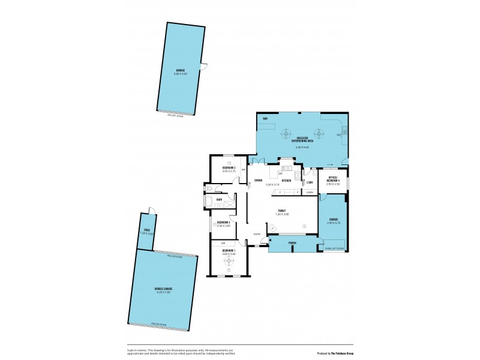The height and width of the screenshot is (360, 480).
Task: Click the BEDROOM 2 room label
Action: pyautogui.click(x=229, y=167)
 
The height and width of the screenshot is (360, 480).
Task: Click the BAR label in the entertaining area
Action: pyautogui.click(x=265, y=119)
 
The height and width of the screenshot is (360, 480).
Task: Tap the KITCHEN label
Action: pyautogui.click(x=287, y=181)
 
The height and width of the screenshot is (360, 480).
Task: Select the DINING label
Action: pyautogui.click(x=258, y=181)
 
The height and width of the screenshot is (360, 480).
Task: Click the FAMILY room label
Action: pyautogui.click(x=281, y=210)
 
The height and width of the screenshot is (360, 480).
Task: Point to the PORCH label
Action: pyautogui.click(x=292, y=244)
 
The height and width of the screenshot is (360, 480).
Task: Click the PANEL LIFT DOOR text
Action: pyautogui.click(x=334, y=248)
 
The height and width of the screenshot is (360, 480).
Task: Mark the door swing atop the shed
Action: pyautogui.click(x=152, y=210)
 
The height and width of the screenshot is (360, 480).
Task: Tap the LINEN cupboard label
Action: pyautogui.click(x=310, y=193)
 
